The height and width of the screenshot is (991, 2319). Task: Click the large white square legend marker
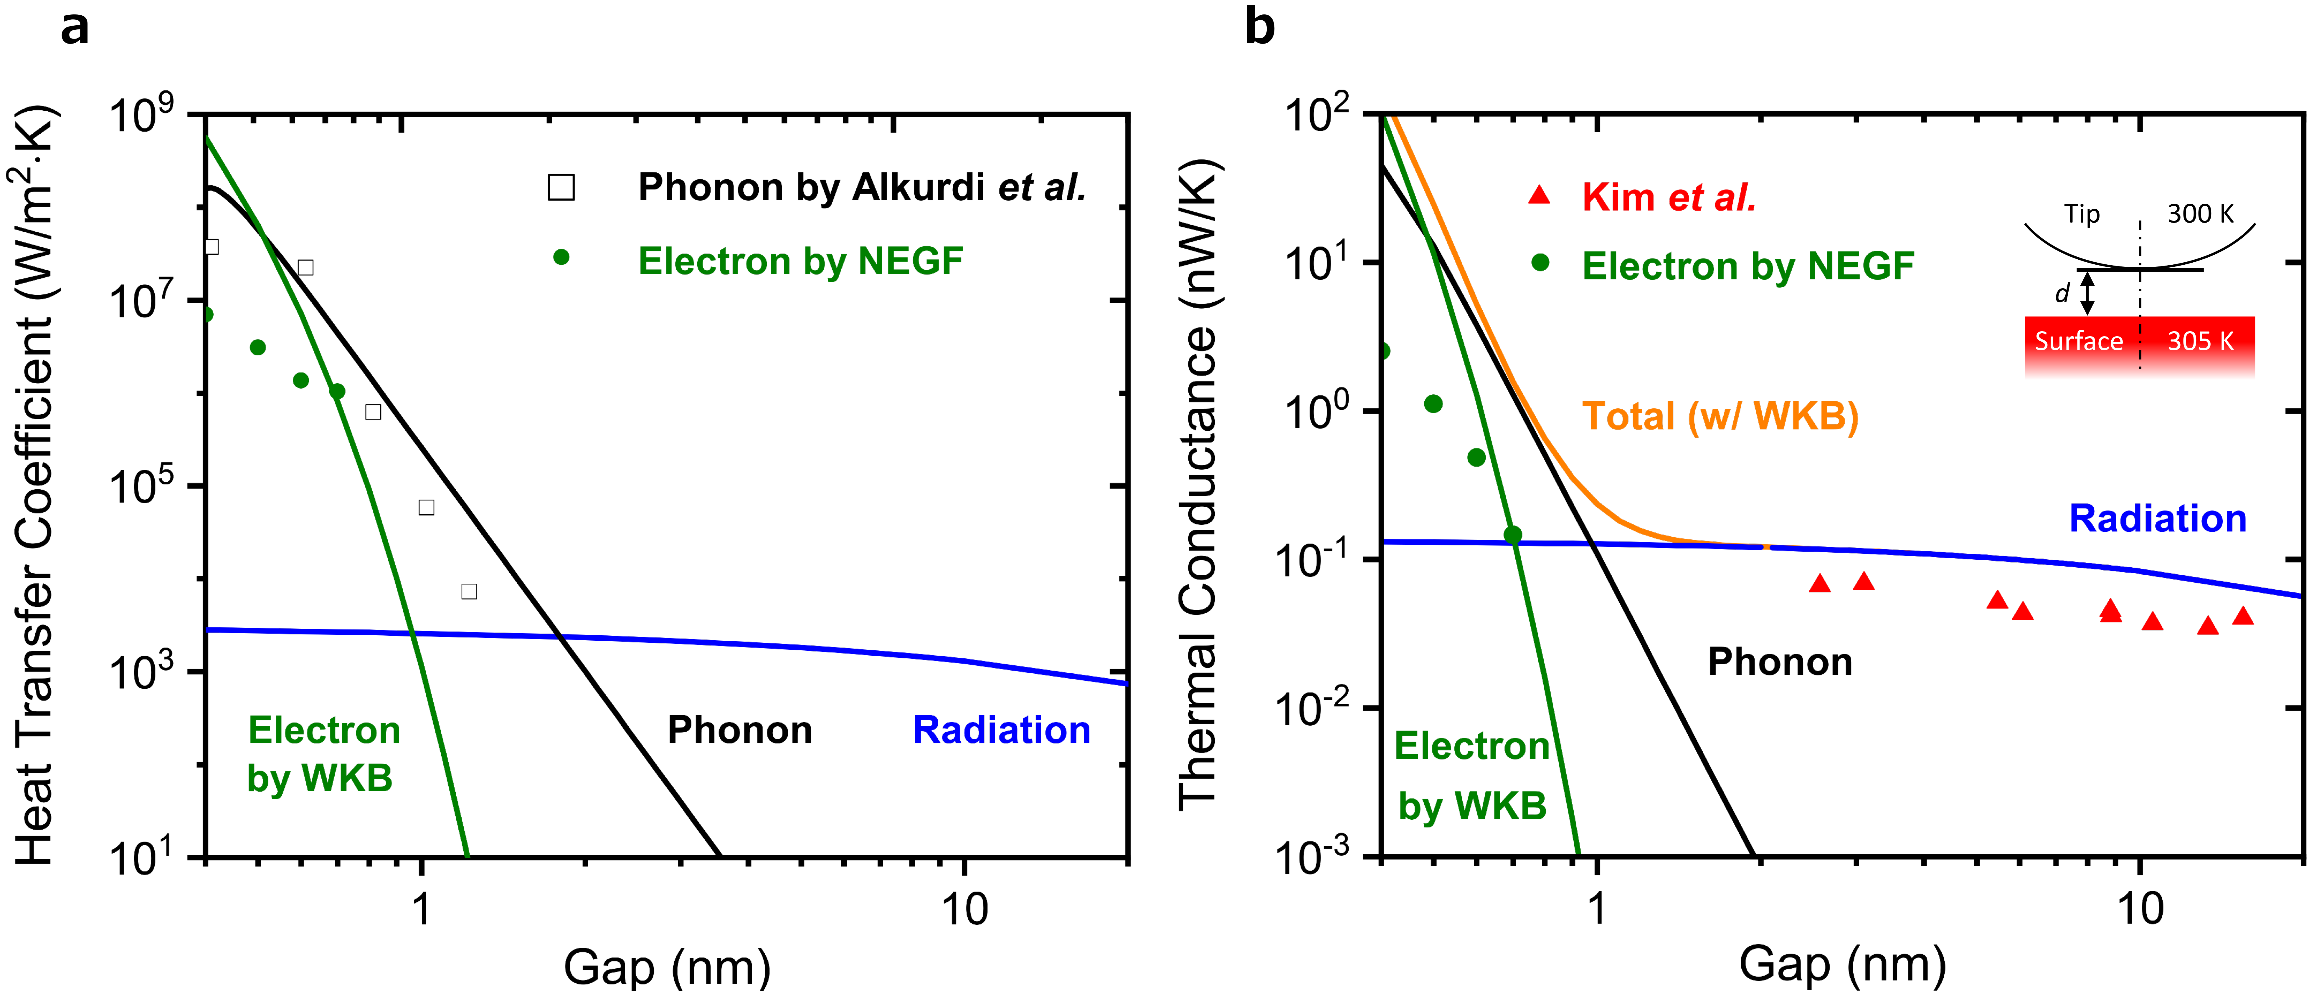[561, 187]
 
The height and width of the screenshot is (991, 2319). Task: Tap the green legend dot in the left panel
[561, 257]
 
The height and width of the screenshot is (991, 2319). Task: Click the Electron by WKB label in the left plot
[322, 753]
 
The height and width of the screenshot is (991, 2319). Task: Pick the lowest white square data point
[469, 591]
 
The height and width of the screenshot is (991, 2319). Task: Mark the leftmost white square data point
[212, 247]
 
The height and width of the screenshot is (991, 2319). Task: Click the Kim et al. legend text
[1668, 197]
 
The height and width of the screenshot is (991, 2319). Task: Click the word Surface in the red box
[2079, 341]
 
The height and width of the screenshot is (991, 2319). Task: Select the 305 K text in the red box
[2200, 341]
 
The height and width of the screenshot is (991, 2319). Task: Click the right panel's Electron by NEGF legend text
[1747, 266]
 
